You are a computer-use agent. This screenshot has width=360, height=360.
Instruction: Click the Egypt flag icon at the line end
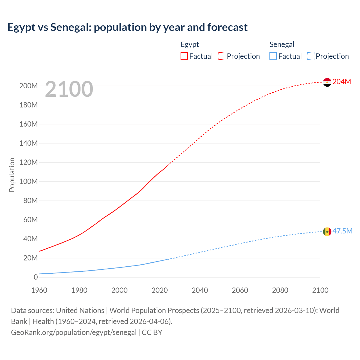click(327, 82)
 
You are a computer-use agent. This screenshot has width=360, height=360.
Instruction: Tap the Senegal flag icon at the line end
click(327, 231)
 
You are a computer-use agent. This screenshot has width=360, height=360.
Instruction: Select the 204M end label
click(342, 82)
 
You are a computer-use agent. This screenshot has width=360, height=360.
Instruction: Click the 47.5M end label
click(342, 231)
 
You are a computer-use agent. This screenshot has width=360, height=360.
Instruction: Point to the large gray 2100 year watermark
click(69, 89)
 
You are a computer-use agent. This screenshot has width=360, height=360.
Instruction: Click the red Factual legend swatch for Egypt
click(184, 56)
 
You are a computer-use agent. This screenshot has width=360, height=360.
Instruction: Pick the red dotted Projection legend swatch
click(222, 56)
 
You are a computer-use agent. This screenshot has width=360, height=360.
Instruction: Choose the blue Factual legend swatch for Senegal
click(273, 56)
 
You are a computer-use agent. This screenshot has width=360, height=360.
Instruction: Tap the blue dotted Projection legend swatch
click(311, 56)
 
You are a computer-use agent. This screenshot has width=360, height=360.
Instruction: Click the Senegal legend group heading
click(282, 44)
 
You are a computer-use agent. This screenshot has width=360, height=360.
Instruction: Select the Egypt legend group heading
click(190, 44)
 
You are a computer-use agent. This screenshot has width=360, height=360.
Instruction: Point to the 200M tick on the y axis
click(28, 86)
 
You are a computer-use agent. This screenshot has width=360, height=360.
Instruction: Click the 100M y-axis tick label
click(28, 181)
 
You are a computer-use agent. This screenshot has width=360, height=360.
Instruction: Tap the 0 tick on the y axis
click(36, 277)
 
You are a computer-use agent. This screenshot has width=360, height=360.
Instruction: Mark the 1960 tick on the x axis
click(39, 290)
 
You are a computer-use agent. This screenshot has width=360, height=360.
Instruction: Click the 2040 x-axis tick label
click(200, 290)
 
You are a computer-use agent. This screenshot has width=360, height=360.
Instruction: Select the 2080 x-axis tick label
click(280, 290)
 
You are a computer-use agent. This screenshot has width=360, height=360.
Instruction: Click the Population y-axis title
click(12, 175)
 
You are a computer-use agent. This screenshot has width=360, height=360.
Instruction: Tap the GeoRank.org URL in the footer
click(74, 332)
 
